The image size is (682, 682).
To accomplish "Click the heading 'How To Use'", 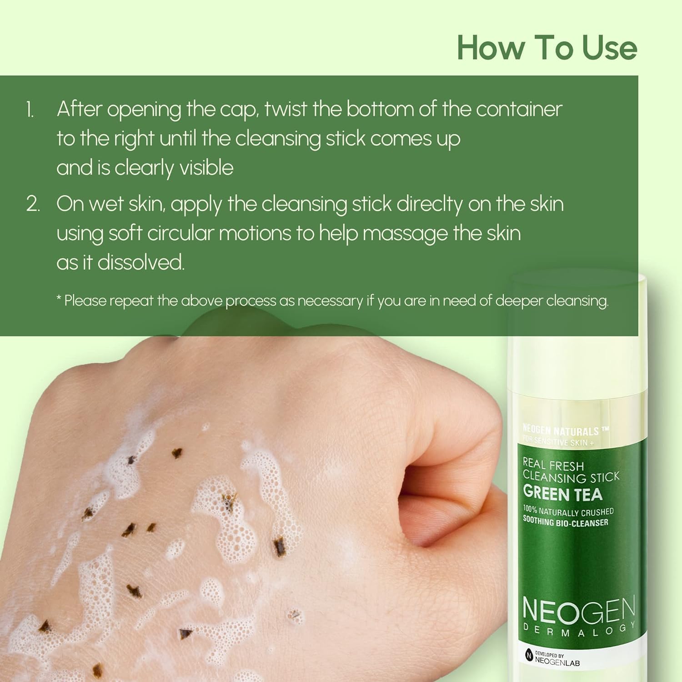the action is coord(547,47).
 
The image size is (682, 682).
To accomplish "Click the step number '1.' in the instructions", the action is coord(30,110).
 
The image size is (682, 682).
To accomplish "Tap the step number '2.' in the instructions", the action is coord(33,204).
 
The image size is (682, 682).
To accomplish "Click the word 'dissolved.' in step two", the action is coord(141,262).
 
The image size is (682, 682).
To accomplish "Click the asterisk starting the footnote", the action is coord(59,298).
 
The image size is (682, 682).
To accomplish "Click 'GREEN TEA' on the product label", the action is coord(563,494).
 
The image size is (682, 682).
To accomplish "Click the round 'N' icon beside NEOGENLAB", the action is coord(529,656).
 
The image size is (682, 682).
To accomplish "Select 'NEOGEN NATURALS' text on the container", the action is coord(561,430).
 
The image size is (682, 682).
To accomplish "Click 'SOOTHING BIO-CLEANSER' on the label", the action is coord(566,522).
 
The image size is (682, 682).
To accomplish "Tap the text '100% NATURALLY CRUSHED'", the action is coord(568,511).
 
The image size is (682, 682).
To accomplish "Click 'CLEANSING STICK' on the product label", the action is coord(571,477).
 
